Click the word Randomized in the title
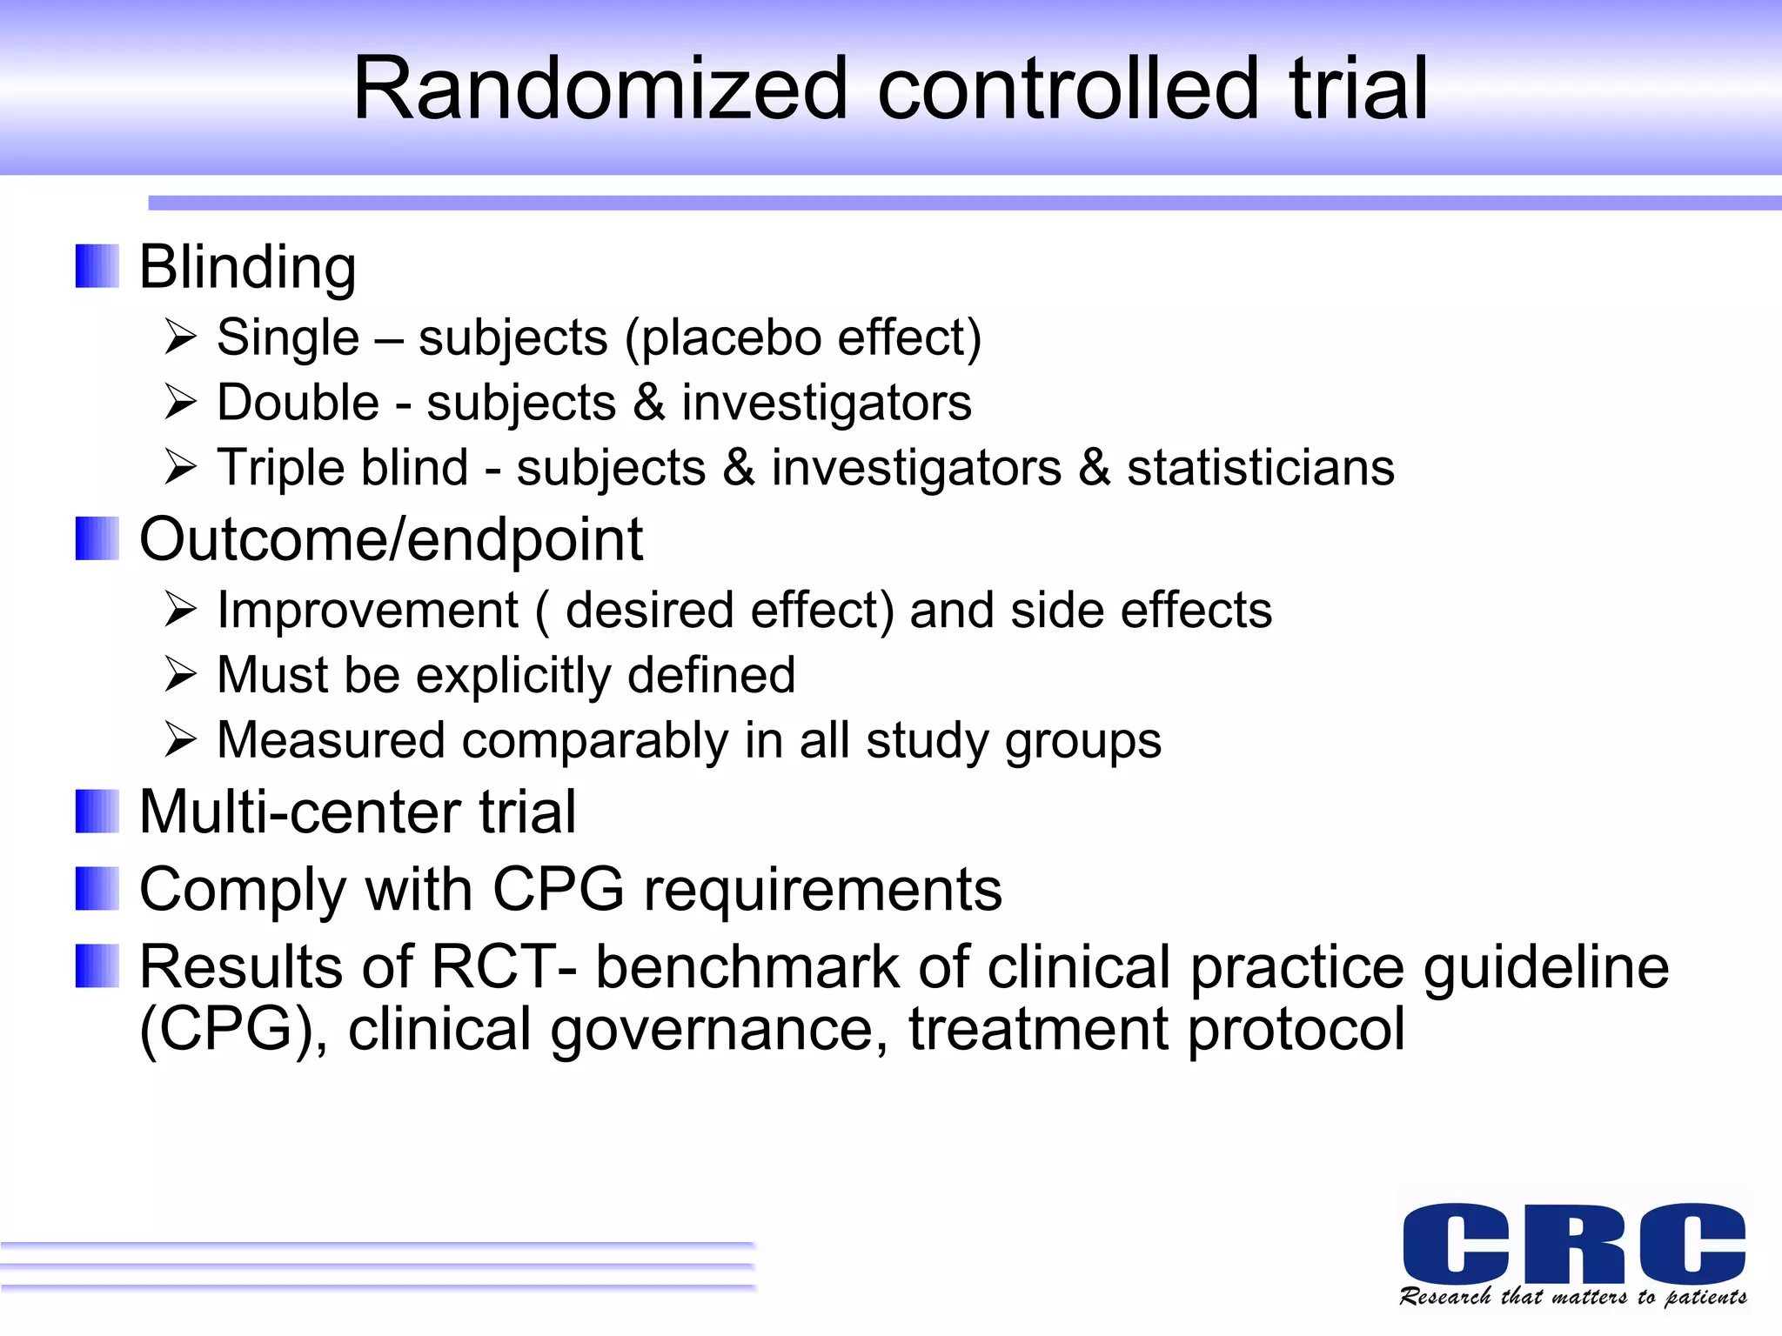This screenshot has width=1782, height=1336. click(x=600, y=89)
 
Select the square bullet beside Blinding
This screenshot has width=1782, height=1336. click(x=97, y=266)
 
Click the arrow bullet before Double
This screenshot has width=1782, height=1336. click(x=180, y=403)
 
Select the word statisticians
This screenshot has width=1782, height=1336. click(x=1260, y=468)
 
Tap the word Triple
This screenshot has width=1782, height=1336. click(x=280, y=468)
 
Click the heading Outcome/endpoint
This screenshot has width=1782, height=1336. click(x=391, y=539)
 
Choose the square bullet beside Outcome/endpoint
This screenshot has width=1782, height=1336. click(x=97, y=539)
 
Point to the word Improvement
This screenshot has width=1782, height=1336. click(x=367, y=610)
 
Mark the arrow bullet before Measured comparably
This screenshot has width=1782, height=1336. click(x=180, y=740)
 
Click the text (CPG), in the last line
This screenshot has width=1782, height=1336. click(x=233, y=1029)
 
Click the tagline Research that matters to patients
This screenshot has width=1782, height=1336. click(x=1573, y=1297)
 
